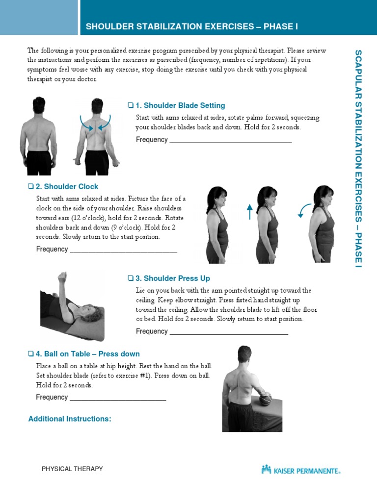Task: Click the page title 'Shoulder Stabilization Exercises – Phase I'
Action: click(192, 26)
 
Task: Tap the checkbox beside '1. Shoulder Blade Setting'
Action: click(130, 105)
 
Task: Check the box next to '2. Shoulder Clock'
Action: click(30, 187)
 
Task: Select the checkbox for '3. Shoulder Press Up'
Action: click(130, 278)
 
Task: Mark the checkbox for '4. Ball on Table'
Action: click(30, 354)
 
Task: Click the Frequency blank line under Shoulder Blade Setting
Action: click(230, 142)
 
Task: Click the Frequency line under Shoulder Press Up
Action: click(228, 334)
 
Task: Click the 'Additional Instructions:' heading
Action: click(70, 419)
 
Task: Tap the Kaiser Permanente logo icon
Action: click(266, 470)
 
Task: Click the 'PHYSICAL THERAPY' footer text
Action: click(72, 469)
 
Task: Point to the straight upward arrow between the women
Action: click(249, 211)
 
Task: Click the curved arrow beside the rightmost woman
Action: click(304, 210)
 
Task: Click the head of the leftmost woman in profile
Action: click(216, 196)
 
